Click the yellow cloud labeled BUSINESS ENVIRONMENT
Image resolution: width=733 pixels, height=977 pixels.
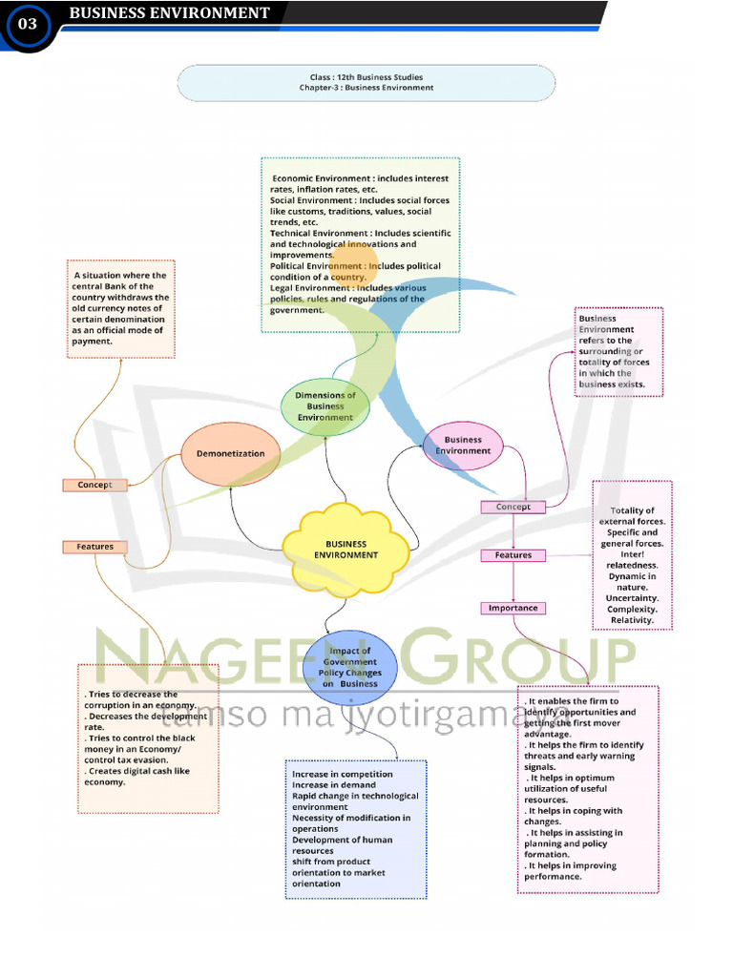(346, 550)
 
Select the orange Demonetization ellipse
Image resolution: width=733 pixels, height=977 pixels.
(230, 454)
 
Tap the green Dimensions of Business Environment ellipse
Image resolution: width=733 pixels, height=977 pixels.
(325, 406)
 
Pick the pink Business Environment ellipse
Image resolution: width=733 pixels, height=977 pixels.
(463, 446)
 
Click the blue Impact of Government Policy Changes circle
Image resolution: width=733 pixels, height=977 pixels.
(349, 667)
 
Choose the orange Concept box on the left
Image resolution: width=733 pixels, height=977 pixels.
(94, 485)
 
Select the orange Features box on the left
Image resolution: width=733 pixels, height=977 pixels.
(94, 547)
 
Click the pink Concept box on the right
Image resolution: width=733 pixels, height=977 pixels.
(513, 507)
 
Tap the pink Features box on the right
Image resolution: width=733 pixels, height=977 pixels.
(513, 555)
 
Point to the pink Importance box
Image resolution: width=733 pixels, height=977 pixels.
(513, 608)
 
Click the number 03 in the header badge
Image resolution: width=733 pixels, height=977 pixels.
(27, 25)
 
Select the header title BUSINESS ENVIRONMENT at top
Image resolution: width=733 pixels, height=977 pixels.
(170, 13)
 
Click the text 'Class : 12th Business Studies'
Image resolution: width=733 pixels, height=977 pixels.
(366, 77)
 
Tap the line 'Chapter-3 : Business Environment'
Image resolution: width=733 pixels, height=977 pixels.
(366, 88)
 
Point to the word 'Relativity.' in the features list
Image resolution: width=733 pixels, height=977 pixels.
(632, 620)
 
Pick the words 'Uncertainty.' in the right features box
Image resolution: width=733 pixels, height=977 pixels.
(632, 598)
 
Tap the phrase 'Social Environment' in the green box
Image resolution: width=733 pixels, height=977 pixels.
(310, 200)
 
